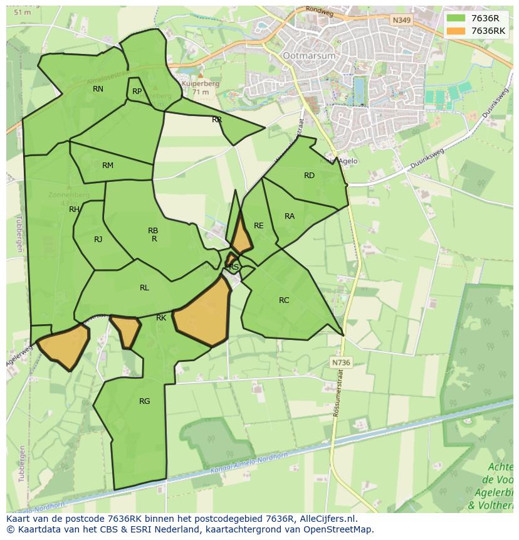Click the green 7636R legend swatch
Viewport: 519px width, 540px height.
(x=456, y=18)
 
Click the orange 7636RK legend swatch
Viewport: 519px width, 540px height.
(x=456, y=31)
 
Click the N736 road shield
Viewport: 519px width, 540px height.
(x=340, y=363)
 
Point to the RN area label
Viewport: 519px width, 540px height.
(x=98, y=89)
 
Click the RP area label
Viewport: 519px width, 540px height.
(x=137, y=92)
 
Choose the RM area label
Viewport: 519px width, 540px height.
(x=108, y=166)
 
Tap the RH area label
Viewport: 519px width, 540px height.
(x=74, y=209)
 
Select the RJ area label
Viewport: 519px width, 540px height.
(x=98, y=240)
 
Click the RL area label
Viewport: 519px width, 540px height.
(x=144, y=288)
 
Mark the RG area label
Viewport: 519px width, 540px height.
(x=144, y=401)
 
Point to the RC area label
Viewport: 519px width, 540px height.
(x=284, y=300)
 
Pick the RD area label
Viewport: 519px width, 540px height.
(x=309, y=176)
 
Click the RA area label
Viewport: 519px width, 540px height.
(x=289, y=216)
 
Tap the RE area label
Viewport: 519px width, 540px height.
(x=258, y=226)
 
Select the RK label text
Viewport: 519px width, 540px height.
(x=161, y=318)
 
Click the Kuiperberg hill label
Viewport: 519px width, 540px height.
(x=196, y=83)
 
